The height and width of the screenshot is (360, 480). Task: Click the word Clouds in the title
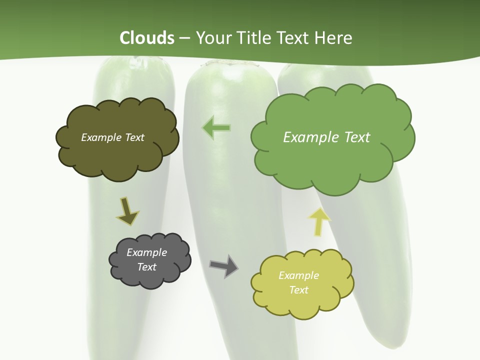pyautogui.click(x=147, y=38)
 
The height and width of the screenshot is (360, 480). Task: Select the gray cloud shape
pyautogui.click(x=150, y=277)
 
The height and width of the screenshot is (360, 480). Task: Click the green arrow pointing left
pyautogui.click(x=216, y=128)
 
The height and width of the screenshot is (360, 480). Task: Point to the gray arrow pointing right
pyautogui.click(x=223, y=266)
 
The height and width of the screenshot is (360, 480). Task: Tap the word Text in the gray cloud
pyautogui.click(x=146, y=267)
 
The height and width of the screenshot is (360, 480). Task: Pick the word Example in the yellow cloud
pyautogui.click(x=298, y=275)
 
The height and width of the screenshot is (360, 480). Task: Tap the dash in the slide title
pyautogui.click(x=185, y=38)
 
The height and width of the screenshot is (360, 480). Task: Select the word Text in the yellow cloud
pyautogui.click(x=298, y=290)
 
